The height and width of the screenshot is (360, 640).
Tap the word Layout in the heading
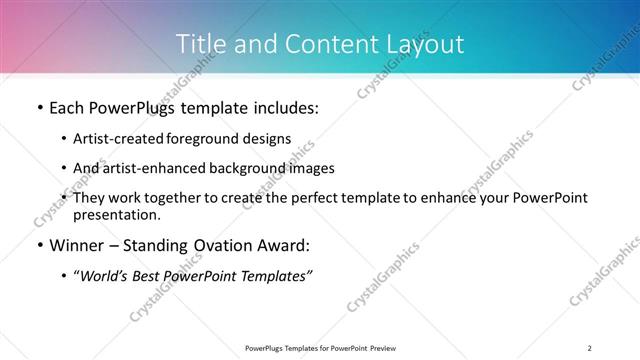[428, 44]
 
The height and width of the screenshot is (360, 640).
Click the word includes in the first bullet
[282, 107]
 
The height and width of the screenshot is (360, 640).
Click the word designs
[268, 138]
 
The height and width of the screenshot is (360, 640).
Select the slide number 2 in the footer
[590, 348]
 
